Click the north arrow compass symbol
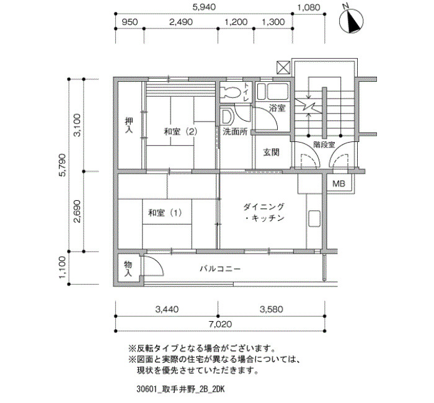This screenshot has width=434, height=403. click(352, 22)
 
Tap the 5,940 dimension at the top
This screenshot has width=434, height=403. click(204, 7)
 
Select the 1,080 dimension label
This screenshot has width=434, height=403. click(309, 7)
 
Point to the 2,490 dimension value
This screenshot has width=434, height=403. click(181, 22)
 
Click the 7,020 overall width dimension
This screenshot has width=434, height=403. click(220, 324)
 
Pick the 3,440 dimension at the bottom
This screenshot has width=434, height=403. click(167, 309)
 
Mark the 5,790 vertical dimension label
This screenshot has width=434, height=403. click(63, 165)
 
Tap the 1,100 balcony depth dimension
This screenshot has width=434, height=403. click(63, 268)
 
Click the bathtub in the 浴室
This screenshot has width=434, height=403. click(273, 91)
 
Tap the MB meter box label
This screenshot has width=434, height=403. click(339, 184)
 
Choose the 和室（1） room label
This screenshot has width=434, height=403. click(166, 213)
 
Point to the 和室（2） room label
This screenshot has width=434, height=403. click(181, 131)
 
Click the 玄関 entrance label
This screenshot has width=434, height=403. click(272, 152)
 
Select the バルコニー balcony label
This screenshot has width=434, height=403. click(220, 268)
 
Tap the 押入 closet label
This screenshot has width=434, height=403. click(129, 125)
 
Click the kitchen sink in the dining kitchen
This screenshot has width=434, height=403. click(314, 219)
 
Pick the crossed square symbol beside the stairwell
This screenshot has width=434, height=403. click(283, 68)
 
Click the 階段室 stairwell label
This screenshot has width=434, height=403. click(324, 144)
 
